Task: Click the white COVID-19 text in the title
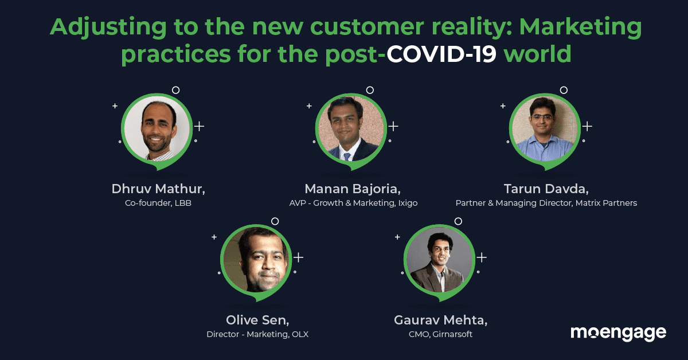441,54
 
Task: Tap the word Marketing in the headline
580,28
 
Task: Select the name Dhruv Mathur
158,189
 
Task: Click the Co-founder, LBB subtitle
158,203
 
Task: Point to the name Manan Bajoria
353,189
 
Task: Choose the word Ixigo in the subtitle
408,203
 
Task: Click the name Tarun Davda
546,189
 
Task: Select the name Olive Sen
257,320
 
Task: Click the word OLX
300,334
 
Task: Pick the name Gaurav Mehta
440,320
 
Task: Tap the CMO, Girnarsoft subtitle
440,334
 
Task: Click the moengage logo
618,333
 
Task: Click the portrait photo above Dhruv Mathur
157,129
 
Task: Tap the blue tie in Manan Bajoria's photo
347,156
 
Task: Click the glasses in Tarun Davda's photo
543,118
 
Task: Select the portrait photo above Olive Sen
256,260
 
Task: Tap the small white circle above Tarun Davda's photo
564,90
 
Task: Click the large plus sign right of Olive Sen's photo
298,257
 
